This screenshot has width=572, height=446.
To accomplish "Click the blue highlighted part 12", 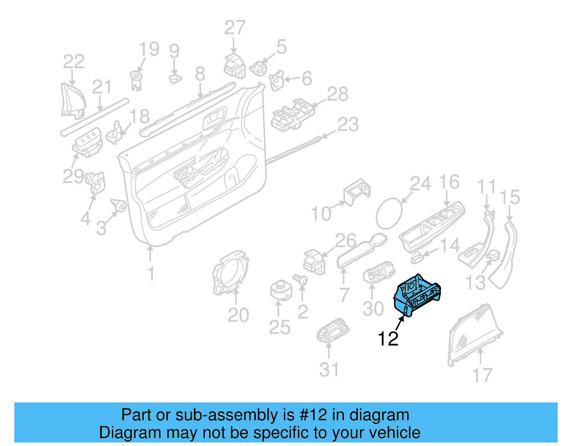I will click(416, 295).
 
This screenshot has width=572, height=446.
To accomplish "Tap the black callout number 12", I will click(388, 339).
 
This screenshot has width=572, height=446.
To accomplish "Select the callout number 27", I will click(235, 28).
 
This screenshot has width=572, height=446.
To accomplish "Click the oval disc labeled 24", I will click(389, 214).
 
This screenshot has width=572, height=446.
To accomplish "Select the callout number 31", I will click(329, 370).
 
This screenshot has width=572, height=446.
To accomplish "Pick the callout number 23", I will click(348, 124).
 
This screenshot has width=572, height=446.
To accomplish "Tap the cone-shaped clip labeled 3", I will click(119, 205).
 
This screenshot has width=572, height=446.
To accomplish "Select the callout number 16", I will click(449, 182).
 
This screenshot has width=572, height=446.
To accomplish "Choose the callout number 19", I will click(149, 49).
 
